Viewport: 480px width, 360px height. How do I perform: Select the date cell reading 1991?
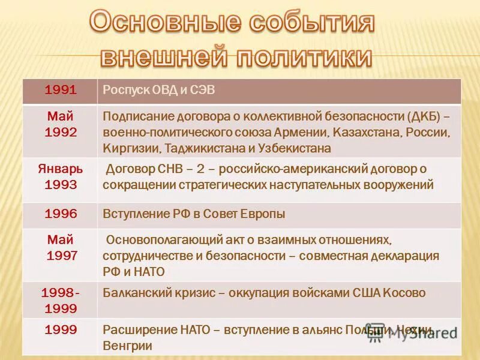60,90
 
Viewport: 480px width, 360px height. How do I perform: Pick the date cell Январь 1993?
60,176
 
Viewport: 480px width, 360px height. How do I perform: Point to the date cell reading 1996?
60,214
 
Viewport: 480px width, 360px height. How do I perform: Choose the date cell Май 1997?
60,247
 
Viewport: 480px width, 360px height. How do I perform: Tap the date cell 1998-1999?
60,301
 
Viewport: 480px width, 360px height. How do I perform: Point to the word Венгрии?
127,346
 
